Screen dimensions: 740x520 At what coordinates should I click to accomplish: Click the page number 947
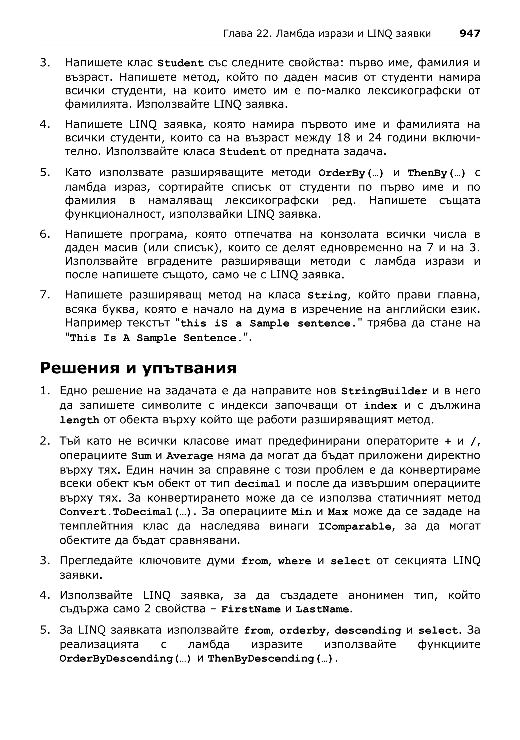[x=469, y=34]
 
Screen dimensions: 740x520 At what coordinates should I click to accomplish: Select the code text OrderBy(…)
[x=351, y=173]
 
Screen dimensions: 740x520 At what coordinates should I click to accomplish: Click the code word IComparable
[x=355, y=527]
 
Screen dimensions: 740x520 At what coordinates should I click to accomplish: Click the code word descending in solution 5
[x=368, y=630]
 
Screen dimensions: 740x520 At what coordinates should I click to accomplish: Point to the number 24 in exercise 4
[x=375, y=138]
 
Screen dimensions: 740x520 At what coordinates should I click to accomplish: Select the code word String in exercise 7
[x=327, y=296]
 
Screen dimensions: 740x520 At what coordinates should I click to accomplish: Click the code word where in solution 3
[x=295, y=561]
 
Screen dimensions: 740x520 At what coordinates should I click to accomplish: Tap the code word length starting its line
[x=79, y=420]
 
